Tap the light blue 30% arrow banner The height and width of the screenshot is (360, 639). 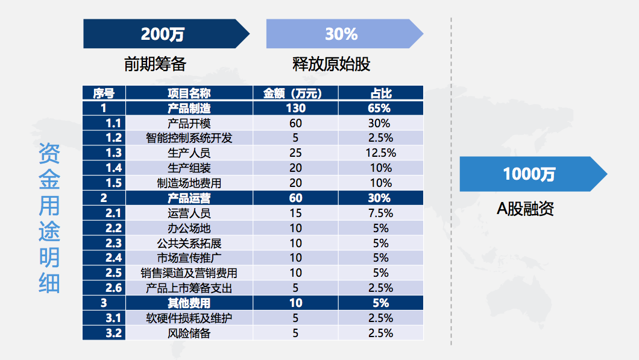342,34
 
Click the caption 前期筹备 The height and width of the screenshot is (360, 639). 155,64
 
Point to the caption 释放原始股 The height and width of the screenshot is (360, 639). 331,64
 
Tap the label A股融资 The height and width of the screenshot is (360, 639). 525,209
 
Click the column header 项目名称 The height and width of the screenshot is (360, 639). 189,93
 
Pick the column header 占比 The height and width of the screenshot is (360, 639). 380,93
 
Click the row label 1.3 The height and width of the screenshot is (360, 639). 113,153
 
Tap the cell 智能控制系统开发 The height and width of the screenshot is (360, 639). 189,137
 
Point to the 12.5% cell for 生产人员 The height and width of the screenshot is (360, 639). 380,153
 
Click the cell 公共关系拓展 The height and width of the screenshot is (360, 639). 189,243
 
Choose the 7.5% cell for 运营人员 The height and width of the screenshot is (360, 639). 380,213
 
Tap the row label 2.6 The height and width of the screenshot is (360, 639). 113,288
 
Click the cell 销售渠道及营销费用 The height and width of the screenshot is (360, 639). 189,273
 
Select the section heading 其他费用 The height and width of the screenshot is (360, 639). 189,303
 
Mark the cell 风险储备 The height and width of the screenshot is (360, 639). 189,333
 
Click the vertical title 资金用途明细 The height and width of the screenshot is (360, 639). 49,218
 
